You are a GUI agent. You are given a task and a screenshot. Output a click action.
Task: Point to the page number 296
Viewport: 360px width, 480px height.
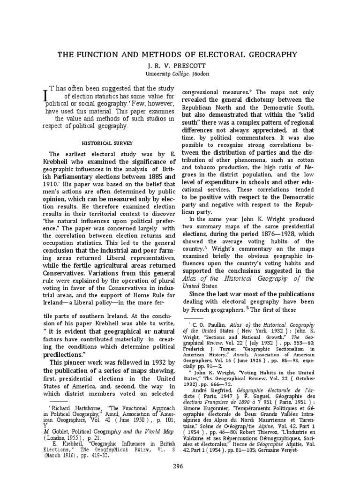[x=180, y=466]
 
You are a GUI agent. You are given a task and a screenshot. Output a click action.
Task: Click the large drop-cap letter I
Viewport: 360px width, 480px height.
[x=45, y=94]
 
